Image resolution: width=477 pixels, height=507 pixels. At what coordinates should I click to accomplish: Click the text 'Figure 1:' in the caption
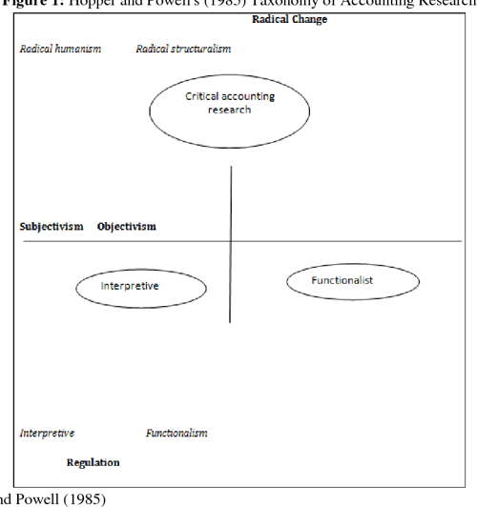pyautogui.click(x=30, y=4)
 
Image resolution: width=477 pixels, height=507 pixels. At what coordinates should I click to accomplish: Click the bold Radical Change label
pyautogui.click(x=289, y=20)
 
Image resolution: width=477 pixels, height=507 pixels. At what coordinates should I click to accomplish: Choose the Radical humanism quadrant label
pyautogui.click(x=60, y=49)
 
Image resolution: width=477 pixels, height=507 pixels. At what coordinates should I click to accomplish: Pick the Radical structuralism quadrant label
pyautogui.click(x=183, y=49)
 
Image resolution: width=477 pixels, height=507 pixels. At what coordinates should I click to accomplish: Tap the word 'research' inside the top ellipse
pyautogui.click(x=230, y=110)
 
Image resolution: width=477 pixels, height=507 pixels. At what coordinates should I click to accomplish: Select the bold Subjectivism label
pyautogui.click(x=52, y=227)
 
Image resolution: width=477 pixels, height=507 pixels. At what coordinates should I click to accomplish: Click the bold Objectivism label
pyautogui.click(x=126, y=227)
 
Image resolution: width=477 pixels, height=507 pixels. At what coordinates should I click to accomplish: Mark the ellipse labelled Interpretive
pyautogui.click(x=130, y=286)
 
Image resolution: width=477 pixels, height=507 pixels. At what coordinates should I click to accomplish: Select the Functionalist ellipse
pyautogui.click(x=342, y=280)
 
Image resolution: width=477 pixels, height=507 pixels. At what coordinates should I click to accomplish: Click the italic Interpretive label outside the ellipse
pyautogui.click(x=47, y=434)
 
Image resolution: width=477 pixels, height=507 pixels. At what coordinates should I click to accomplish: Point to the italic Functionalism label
pyautogui.click(x=176, y=434)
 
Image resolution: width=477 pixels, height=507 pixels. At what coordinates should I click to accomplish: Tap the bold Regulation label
pyautogui.click(x=93, y=463)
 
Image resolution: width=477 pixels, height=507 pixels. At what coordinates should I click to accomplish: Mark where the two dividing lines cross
pyautogui.click(x=231, y=241)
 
